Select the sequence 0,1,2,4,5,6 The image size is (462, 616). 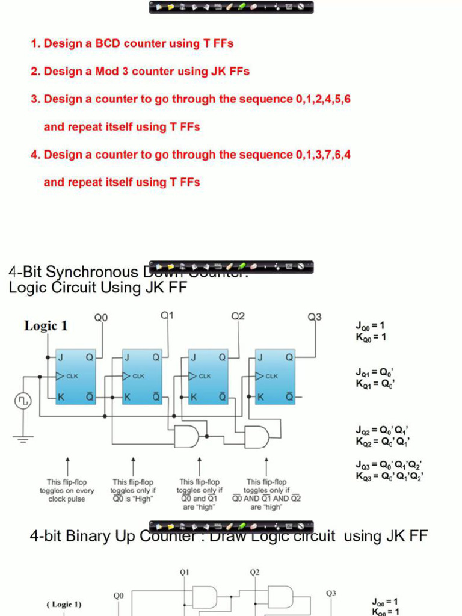pos(323,99)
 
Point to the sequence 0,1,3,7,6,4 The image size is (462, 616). pos(323,155)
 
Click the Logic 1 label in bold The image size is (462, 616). pos(46,326)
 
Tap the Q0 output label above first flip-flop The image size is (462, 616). pos(101,318)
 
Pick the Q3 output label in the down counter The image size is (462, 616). pos(315,317)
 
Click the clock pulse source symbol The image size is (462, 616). pos(23,401)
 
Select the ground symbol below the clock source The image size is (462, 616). pos(23,439)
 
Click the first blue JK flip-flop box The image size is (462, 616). pos(76,377)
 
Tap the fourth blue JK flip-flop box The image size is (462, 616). pos(275,377)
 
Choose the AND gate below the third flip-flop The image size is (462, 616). pos(186,436)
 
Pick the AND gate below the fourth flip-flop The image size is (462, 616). pos(257,437)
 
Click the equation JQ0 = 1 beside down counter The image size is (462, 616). pos(371,326)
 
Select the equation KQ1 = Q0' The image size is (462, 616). pos(374,383)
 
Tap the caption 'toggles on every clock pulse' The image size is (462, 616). pos(67,490)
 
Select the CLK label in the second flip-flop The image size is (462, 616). pos(138,376)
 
